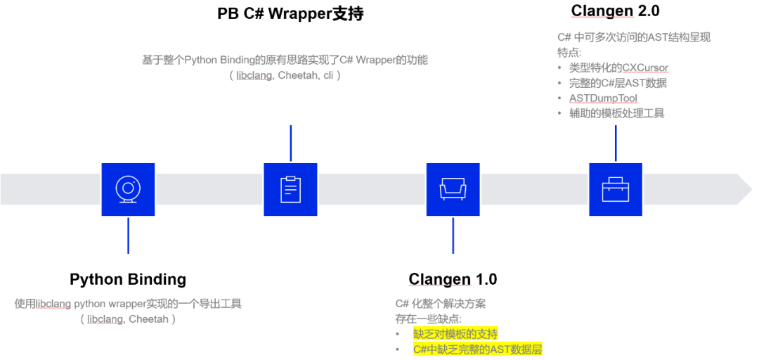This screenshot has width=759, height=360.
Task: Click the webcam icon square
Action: coord(128,189)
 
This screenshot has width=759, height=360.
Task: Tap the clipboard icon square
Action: coord(290,189)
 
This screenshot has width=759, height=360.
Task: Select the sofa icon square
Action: coord(453,189)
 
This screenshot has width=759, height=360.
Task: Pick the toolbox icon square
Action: coord(615,189)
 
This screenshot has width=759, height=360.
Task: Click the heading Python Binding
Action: coord(128,279)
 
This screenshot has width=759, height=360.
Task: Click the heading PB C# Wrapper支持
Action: coord(290,13)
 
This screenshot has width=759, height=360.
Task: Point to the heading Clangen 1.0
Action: coord(453,279)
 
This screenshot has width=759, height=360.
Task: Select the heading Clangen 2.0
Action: coord(615,11)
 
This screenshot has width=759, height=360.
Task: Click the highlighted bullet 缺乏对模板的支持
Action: coord(455,334)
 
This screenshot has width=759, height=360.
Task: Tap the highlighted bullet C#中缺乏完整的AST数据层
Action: coord(478,349)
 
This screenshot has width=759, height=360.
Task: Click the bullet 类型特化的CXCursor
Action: coord(618,68)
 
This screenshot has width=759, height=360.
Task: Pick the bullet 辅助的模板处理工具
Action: coord(616,113)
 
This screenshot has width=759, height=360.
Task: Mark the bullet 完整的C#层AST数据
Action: coord(618,83)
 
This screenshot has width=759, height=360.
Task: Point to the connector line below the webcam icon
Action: coord(128,235)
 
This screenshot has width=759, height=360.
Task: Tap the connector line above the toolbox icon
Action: coord(615,143)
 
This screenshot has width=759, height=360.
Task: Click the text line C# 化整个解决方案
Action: coord(441,304)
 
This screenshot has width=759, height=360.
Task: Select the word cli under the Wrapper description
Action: coord(327,75)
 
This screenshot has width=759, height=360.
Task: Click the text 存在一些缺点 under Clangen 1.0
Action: coord(428,319)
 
